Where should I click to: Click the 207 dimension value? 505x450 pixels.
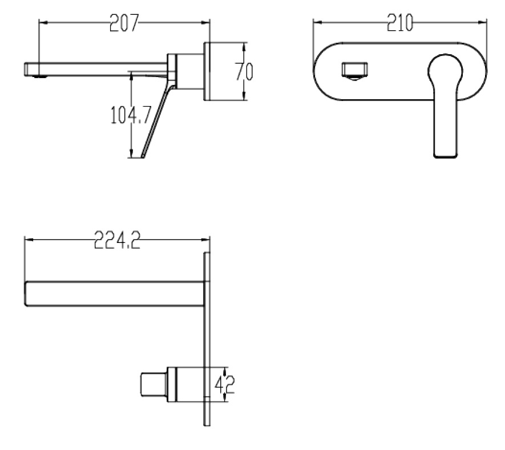click(x=124, y=23)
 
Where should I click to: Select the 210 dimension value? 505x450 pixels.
click(x=399, y=23)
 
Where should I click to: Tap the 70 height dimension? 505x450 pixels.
click(x=244, y=71)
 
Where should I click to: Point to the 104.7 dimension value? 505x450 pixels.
click(x=131, y=115)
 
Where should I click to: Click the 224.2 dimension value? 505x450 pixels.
click(x=118, y=240)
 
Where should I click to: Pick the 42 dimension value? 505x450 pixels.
click(x=224, y=384)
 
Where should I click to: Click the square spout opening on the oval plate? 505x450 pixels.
click(x=354, y=70)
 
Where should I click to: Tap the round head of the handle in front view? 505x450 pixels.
click(x=445, y=70)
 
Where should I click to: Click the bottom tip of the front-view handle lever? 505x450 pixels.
click(x=446, y=157)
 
